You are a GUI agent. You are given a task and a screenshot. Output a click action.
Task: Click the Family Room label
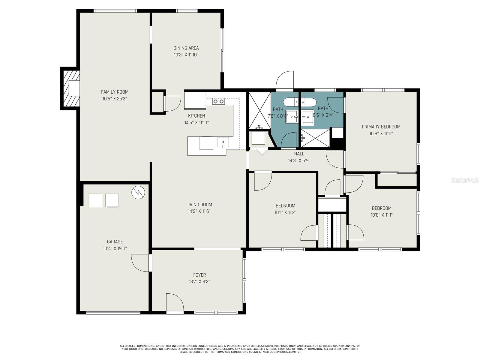click(x=115, y=92)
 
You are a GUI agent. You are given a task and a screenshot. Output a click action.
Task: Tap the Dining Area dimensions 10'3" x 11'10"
click(x=186, y=55)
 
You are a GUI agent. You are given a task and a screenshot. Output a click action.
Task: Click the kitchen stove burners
click(x=218, y=102)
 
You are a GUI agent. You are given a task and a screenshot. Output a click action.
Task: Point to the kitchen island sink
click(x=223, y=143)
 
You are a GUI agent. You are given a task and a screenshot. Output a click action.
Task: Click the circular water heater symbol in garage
click(x=138, y=192)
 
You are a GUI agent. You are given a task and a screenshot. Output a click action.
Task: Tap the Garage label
click(x=115, y=242)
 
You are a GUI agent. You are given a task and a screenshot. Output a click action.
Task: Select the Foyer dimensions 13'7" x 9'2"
click(x=199, y=282)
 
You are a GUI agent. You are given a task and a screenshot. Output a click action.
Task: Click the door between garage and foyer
click(x=140, y=263)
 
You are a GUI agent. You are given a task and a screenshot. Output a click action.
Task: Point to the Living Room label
click(x=199, y=205)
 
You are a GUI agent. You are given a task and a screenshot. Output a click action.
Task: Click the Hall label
click(x=299, y=154)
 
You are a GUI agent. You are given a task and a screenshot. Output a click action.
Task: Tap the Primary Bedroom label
click(x=381, y=127)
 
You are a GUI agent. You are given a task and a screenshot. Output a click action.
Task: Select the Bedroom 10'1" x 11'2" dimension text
click(x=285, y=212)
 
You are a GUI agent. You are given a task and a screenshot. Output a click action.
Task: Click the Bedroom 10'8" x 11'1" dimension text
click(x=382, y=215)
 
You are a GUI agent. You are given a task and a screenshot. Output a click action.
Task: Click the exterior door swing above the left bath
click(x=285, y=80)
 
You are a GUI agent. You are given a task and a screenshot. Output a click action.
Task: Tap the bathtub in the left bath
click(x=291, y=102)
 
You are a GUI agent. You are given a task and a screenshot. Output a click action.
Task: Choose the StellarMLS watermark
click(x=465, y=180)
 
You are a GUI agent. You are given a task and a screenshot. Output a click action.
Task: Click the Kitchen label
click(x=196, y=116)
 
